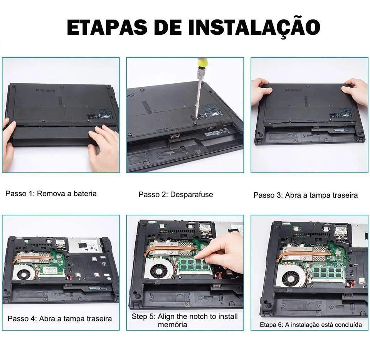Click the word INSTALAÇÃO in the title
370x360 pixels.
coord(254,27)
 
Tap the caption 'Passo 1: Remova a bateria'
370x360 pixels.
coord(51,193)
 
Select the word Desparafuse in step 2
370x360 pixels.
coord(192,195)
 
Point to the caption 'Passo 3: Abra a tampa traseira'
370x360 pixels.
coord(306,195)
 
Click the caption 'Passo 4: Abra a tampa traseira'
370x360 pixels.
coord(60,319)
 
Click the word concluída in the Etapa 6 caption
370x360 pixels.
coord(348,325)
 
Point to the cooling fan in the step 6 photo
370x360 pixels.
coord(291,276)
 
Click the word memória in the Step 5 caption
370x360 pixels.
coord(173,325)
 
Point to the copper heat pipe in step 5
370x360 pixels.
coord(171,250)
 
